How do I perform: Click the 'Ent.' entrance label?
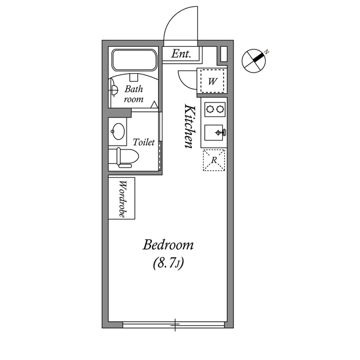point(181,55)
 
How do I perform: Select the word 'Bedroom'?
point(168,245)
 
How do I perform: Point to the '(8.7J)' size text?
point(168,262)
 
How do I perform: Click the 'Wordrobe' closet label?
point(123,199)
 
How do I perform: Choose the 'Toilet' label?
point(143,142)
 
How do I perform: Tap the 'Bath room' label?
point(134,94)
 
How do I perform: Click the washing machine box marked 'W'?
point(212,81)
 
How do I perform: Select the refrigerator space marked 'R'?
point(214,160)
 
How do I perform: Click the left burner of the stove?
point(208,109)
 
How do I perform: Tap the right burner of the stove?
point(219,109)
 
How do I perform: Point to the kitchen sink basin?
point(214,133)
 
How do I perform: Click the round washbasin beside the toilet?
point(118,132)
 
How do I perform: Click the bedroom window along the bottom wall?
point(174,325)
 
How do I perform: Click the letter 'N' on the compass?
point(267,52)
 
